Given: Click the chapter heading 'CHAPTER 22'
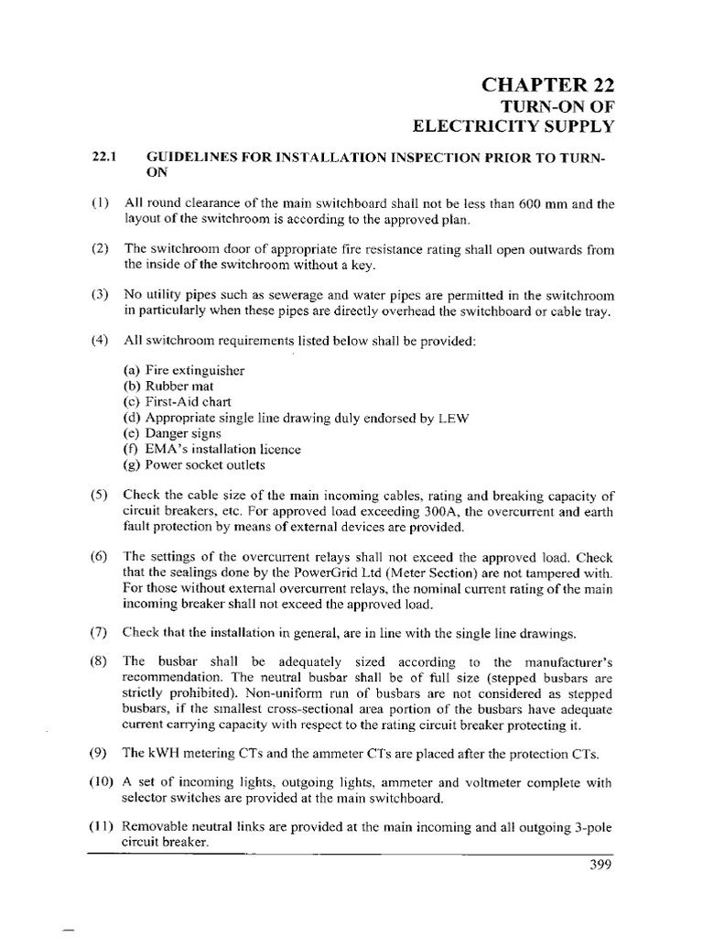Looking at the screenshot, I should pos(547,86).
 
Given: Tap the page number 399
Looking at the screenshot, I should pos(599,866).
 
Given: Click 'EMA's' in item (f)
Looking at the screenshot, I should pos(162,450).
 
